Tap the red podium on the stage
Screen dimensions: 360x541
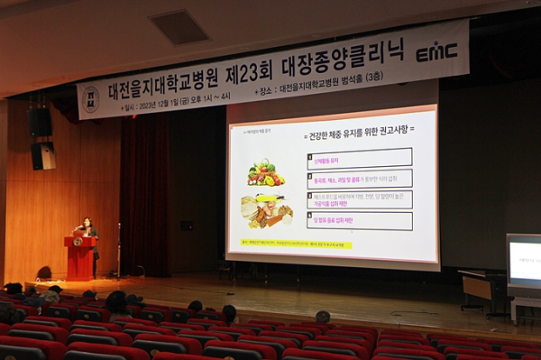click(80, 256)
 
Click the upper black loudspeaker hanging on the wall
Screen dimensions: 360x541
click(40, 122)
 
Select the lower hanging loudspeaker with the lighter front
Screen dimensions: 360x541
click(42, 155)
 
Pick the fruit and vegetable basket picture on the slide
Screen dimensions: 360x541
click(266, 172)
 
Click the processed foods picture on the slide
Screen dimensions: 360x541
click(267, 212)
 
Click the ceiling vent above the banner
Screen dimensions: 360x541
click(179, 26)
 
